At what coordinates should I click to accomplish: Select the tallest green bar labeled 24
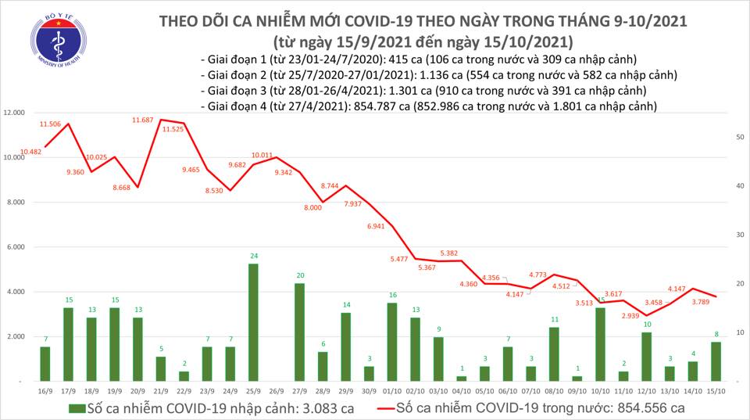pyautogui.click(x=253, y=321)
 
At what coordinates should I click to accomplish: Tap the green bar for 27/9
pyautogui.click(x=299, y=332)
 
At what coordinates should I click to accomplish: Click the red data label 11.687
pyautogui.click(x=143, y=120)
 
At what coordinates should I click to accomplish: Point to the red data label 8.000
pyautogui.click(x=312, y=207)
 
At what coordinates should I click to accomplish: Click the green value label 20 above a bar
pyautogui.click(x=299, y=275)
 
